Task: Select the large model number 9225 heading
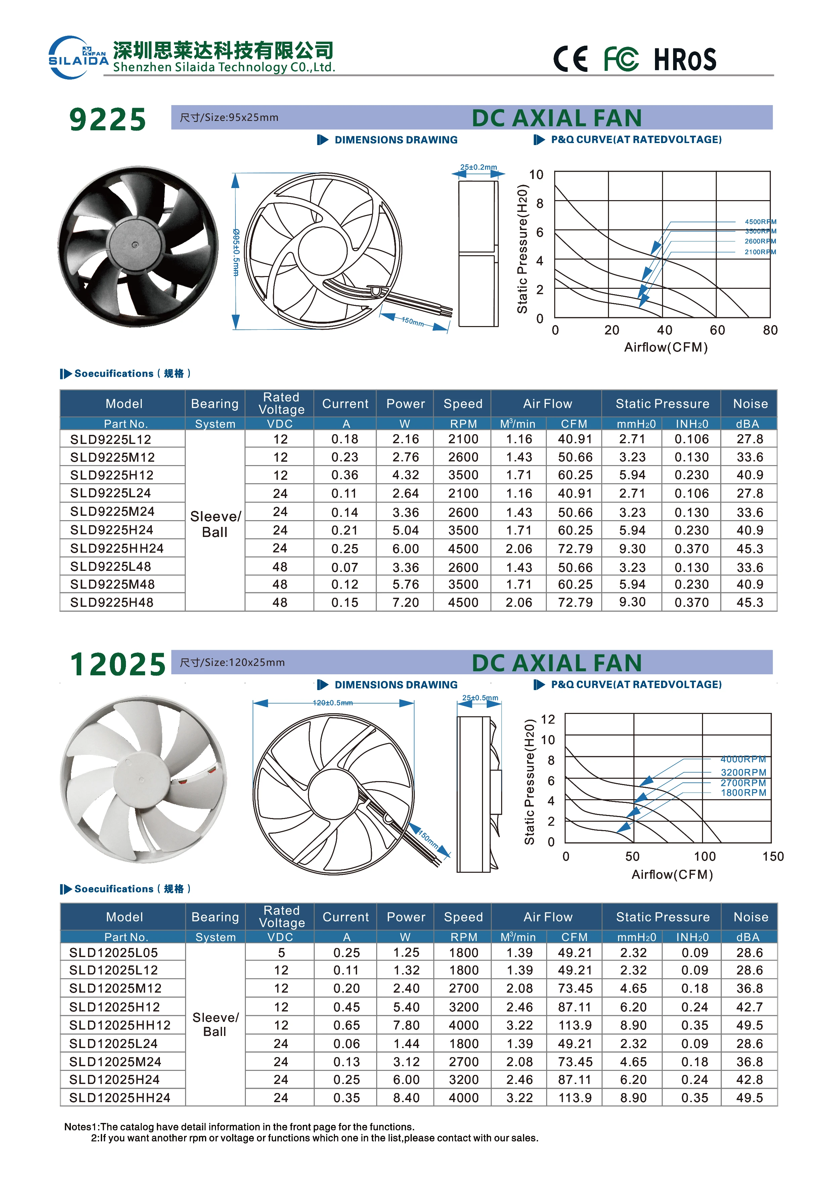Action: (x=108, y=120)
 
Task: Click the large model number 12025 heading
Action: (x=118, y=665)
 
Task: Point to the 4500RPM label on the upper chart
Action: (x=760, y=222)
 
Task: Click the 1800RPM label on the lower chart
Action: (x=743, y=793)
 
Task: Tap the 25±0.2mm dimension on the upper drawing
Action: (x=478, y=167)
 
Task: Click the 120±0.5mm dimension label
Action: (x=333, y=703)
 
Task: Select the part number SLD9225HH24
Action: (x=117, y=548)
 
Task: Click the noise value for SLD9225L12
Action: (x=749, y=439)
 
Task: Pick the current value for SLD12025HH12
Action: (x=346, y=1025)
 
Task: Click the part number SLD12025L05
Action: (x=114, y=953)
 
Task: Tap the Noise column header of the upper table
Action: (x=750, y=404)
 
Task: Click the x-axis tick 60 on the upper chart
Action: (x=717, y=330)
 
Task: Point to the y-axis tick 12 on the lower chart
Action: (x=547, y=719)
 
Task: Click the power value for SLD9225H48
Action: (x=405, y=603)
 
